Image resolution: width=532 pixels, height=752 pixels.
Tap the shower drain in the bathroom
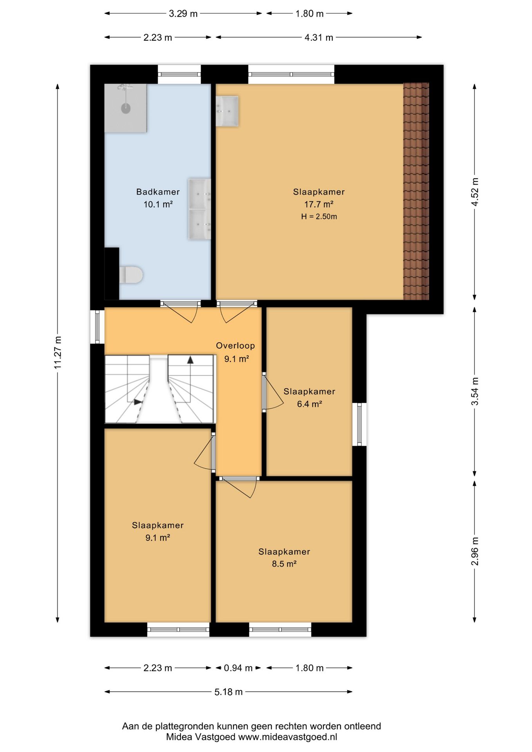[x=126, y=108]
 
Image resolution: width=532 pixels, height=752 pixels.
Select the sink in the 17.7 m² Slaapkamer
[x=227, y=111]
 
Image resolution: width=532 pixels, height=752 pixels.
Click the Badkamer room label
[x=158, y=192]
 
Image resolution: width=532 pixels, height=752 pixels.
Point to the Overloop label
[x=235, y=346]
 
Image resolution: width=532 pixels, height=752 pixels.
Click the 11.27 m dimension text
[x=58, y=352]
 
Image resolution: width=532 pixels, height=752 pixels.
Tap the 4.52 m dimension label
[x=474, y=192]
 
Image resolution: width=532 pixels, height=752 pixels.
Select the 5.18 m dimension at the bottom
[x=228, y=692]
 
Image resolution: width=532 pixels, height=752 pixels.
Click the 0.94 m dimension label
[x=238, y=668]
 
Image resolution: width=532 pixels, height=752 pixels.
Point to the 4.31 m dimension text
[x=319, y=38]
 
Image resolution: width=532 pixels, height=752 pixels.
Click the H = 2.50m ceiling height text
[x=319, y=217]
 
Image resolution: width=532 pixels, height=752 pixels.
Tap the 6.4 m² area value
[x=309, y=404]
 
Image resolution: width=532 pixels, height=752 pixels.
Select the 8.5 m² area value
[x=284, y=564]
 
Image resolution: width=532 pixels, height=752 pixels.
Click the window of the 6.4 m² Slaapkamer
[x=359, y=424]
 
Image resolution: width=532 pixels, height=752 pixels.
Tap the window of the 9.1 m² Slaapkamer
[x=178, y=629]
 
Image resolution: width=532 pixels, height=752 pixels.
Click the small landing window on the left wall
[x=97, y=327]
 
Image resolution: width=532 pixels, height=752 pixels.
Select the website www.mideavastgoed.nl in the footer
[x=288, y=737]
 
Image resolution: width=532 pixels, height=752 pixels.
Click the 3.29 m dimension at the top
[x=183, y=14]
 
